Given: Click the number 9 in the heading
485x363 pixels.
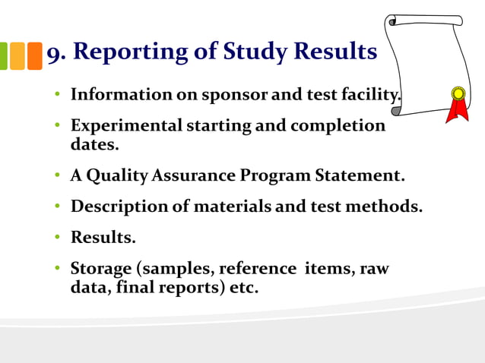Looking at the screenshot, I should tap(55, 53).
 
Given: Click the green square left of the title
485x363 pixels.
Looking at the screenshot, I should tap(3, 55).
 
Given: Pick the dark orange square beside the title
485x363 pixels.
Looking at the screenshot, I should tap(35, 55).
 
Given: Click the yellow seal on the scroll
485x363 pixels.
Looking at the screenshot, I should tap(458, 94).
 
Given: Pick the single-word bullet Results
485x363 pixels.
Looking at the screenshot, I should tap(103, 237).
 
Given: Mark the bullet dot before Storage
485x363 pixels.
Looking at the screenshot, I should tap(57, 269).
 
